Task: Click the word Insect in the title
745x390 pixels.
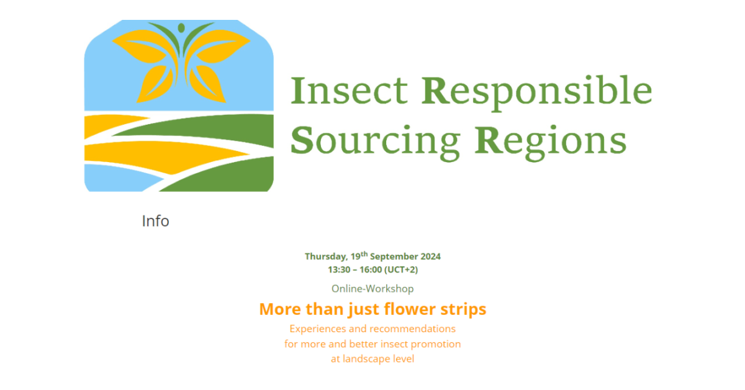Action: click(349, 90)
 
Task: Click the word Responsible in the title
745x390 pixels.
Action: click(537, 93)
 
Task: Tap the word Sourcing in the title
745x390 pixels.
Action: click(376, 142)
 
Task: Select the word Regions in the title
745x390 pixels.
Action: click(551, 142)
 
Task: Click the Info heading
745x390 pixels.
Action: click(155, 221)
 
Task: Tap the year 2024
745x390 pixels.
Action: click(431, 256)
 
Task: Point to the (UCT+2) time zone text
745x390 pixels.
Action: click(401, 270)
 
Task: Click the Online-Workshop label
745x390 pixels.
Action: click(372, 289)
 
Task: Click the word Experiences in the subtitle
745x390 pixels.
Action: click(317, 329)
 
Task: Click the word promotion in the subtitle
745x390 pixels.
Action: click(436, 345)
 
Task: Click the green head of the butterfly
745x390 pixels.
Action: click(181, 28)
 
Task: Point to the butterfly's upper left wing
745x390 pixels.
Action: click(142, 46)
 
